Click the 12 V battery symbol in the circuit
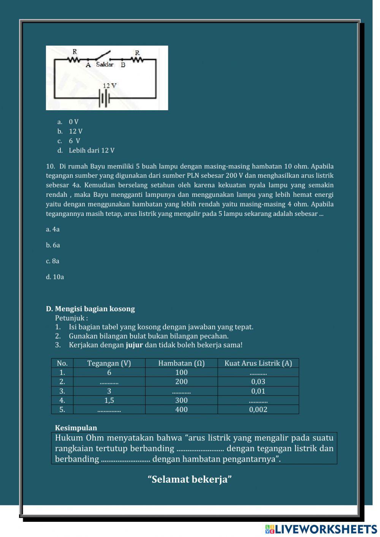pos(104,98)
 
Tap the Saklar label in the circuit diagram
pos(104,65)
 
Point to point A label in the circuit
pos(88,65)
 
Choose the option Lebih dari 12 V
pos(91,150)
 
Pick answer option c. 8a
pos(52,261)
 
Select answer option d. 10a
pos(55,277)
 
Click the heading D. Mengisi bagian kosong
pos(90,309)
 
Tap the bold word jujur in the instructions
pos(134,345)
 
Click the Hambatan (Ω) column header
pos(181,363)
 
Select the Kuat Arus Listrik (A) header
pos(258,363)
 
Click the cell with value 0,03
pos(258,382)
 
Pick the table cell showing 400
pos(181,409)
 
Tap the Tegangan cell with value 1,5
pos(109,400)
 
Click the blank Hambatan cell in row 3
pos(181,391)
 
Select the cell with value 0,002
pos(258,409)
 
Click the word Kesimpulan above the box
pos(76,428)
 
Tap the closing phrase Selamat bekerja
pos(190,479)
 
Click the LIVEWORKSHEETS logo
pos(321,529)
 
